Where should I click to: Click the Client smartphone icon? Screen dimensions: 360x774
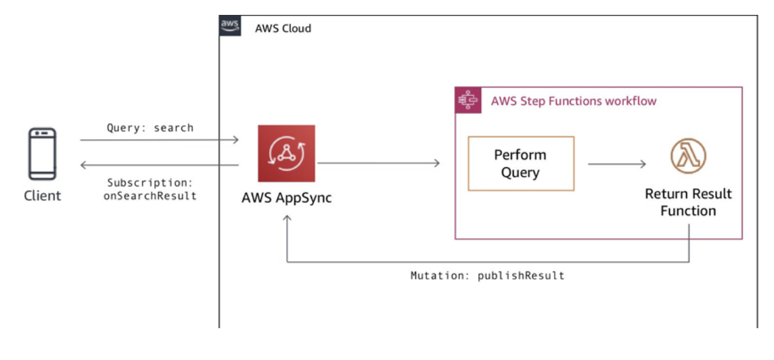coord(42,154)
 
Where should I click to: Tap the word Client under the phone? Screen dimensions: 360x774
coord(42,196)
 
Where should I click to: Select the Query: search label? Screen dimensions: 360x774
coord(150,128)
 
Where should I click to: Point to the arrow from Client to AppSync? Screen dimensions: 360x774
coord(159,140)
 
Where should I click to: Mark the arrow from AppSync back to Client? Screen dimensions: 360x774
coord(159,164)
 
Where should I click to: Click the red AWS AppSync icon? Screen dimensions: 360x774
coord(286,154)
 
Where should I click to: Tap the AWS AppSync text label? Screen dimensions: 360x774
coord(286,199)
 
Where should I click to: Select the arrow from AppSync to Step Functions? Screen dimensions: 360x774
coord(379,163)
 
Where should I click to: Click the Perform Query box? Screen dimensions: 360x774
coord(521,164)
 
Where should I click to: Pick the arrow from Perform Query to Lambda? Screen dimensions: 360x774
coord(616,164)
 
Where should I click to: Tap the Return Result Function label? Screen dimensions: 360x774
coord(688,202)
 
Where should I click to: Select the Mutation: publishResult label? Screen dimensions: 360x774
coord(487,276)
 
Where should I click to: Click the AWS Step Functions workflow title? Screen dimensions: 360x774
coord(574,102)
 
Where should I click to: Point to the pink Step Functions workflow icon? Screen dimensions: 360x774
coord(468,100)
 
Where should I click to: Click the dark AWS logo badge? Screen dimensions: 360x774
coord(230,26)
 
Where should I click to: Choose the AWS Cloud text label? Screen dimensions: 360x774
coord(283,28)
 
